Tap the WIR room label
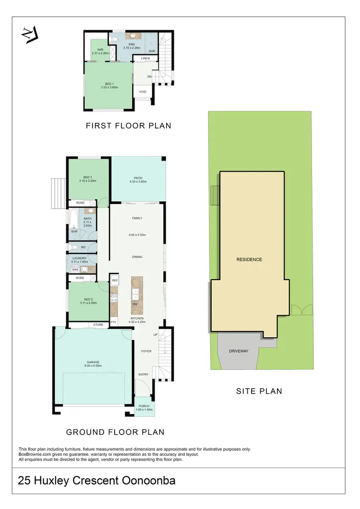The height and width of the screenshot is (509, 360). click(x=100, y=49)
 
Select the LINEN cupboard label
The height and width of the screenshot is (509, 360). click(x=145, y=59)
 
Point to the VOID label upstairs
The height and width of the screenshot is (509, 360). click(x=143, y=91)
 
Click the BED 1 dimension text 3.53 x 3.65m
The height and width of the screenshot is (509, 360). click(x=109, y=87)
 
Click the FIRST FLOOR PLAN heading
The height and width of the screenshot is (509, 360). click(x=128, y=126)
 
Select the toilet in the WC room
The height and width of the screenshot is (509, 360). click(x=73, y=248)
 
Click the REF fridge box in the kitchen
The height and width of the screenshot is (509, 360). click(x=115, y=280)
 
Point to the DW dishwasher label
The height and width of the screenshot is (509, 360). click(x=135, y=304)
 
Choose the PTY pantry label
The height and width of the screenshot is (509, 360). click(x=114, y=321)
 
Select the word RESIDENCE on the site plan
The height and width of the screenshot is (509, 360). click(x=249, y=260)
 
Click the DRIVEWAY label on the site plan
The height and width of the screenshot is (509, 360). click(x=238, y=351)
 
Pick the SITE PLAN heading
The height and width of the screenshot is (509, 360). click(x=259, y=391)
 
